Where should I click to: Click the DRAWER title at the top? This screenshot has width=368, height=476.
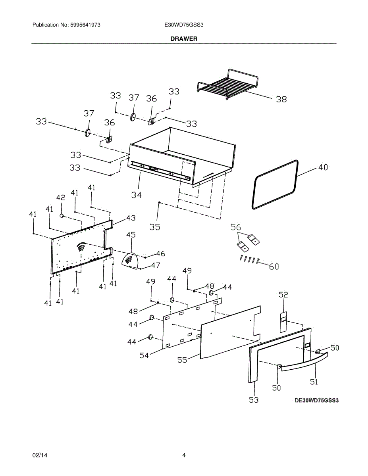coord(184,39)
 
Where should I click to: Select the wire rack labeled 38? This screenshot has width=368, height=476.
coord(227,85)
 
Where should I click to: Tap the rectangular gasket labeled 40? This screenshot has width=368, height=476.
coord(275,184)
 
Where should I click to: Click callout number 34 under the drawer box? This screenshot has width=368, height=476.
coord(137,194)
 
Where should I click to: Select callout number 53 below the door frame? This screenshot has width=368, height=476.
coord(254,400)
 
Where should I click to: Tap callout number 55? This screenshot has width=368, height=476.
coord(183,360)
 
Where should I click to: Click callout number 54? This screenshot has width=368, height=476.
coord(144,355)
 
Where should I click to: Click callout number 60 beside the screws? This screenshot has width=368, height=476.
coord(274,267)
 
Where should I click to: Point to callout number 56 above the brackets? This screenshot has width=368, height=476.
coord(236,227)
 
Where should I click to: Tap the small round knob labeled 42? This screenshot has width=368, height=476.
coord(62,215)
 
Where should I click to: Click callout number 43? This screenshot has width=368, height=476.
coord(131,218)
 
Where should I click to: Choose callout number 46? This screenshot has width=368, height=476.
coord(160,253)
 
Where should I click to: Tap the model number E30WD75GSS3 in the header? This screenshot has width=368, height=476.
coord(184,25)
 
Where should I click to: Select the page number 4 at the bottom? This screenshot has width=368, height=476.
coord(184,455)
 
